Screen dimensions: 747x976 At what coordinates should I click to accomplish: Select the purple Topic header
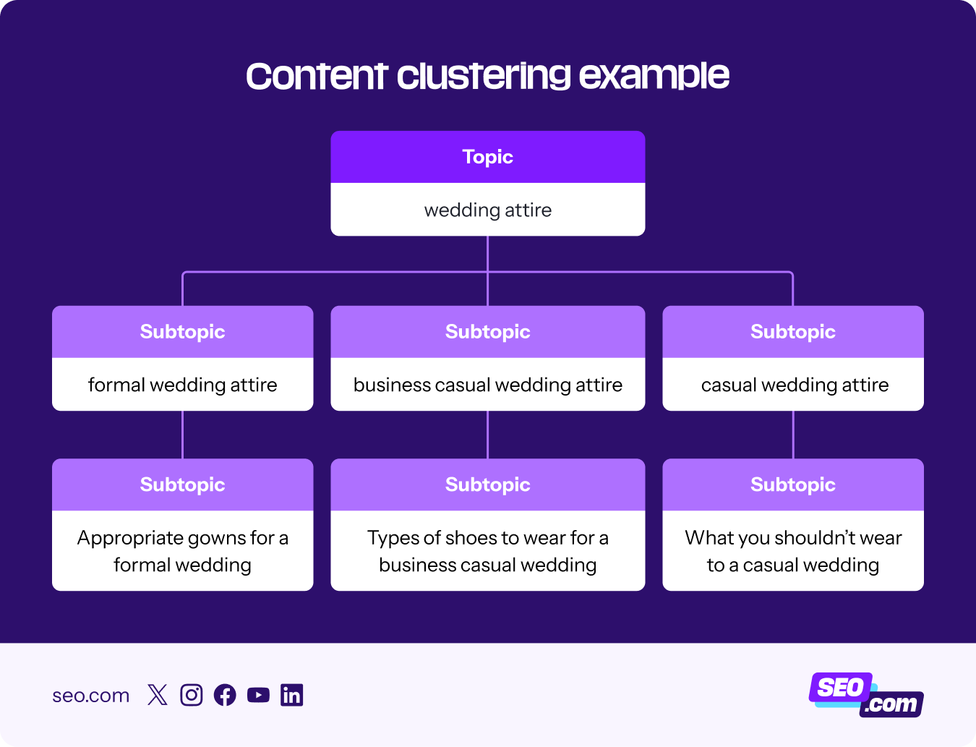click(488, 157)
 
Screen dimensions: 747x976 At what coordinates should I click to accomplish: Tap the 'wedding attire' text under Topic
click(488, 210)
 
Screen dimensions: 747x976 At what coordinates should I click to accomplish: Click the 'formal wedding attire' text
click(182, 385)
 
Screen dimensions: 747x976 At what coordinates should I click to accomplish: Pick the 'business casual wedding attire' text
click(488, 385)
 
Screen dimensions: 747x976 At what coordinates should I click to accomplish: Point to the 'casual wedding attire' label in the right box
click(795, 385)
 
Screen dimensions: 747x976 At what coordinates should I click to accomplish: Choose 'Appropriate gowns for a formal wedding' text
click(182, 551)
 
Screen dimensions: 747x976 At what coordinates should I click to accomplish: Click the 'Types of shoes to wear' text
click(488, 538)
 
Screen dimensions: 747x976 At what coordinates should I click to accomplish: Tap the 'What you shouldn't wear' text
click(793, 538)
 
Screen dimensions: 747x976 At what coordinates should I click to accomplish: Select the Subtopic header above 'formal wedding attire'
click(182, 332)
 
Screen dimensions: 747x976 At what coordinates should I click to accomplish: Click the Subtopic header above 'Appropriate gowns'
click(182, 485)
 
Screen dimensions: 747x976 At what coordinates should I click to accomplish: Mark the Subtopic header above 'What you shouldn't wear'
click(793, 485)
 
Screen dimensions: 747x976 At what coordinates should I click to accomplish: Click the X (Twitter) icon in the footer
click(157, 695)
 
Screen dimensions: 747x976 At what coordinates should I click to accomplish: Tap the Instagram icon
click(191, 695)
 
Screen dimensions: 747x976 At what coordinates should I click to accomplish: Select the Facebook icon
click(225, 695)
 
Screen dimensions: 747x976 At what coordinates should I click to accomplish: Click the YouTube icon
click(258, 695)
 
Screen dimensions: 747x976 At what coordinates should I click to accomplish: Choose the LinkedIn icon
click(292, 695)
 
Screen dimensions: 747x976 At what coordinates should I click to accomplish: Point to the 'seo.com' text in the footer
click(90, 696)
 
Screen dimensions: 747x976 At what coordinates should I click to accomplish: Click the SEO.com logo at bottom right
click(865, 695)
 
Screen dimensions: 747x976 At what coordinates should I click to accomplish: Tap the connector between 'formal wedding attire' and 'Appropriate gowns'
click(182, 435)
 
